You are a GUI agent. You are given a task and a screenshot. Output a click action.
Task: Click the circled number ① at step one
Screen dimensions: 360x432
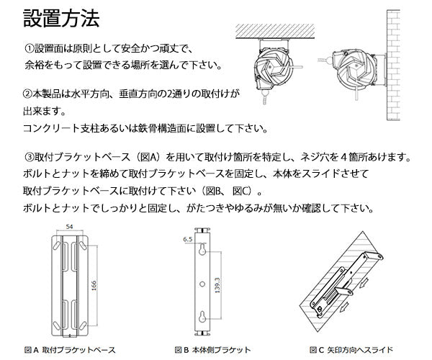[x=30, y=50]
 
